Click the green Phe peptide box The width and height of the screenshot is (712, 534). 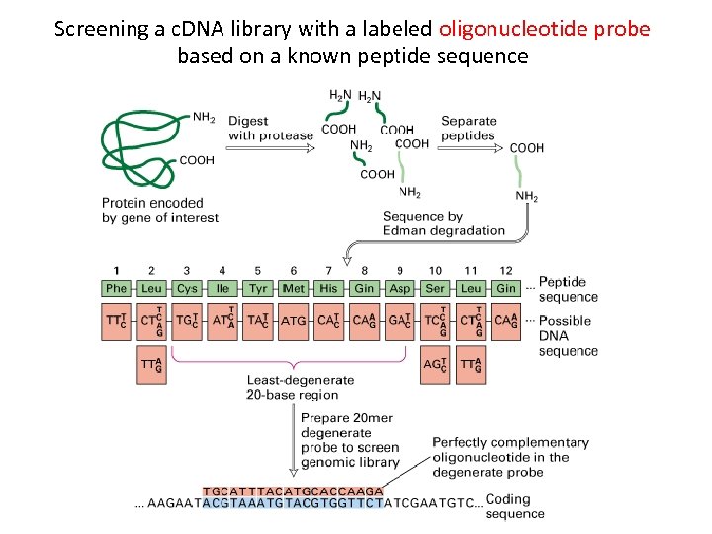click(x=117, y=289)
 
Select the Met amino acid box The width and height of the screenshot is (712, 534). click(x=294, y=289)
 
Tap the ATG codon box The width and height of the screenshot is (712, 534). click(x=294, y=321)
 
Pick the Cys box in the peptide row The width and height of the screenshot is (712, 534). click(x=187, y=289)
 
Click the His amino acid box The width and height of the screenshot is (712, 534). click(x=329, y=289)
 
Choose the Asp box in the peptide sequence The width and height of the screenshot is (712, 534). click(x=400, y=289)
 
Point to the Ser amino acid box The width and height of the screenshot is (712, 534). click(x=435, y=289)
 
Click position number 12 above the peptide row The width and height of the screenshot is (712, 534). click(x=505, y=270)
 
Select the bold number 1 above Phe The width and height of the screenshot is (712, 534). click(x=117, y=270)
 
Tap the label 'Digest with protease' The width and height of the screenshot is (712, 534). click(x=270, y=128)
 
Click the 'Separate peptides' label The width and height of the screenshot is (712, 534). click(x=469, y=128)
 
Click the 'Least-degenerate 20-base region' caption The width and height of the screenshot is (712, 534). click(x=300, y=387)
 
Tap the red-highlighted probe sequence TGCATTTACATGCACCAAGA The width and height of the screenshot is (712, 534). click(x=293, y=490)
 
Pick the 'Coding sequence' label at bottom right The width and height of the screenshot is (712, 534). click(x=514, y=506)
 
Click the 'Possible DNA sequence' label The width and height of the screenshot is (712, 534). click(x=568, y=336)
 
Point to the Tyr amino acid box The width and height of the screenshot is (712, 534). click(x=258, y=289)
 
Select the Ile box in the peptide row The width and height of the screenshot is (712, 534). click(x=222, y=289)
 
